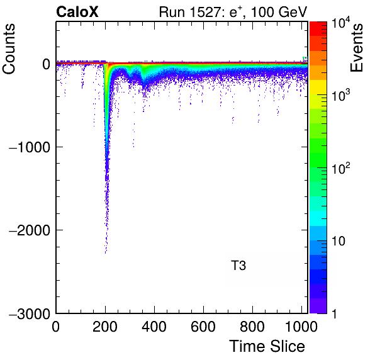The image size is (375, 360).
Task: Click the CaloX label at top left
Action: pos(77,11)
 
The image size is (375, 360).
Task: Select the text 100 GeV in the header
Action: pos(279,11)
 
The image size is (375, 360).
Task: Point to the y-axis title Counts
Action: pos(9,48)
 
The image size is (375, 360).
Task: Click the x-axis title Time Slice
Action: pos(267,346)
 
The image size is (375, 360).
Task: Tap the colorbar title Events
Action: pos(356,48)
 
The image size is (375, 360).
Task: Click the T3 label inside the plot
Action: pos(238,266)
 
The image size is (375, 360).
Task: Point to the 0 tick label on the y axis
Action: pos(46,64)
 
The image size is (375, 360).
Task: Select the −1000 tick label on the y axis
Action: pos(30,147)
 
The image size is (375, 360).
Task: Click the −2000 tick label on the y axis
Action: pos(30,230)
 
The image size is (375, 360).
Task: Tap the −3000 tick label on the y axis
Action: pos(30,313)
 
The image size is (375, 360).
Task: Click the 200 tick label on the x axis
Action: pos(105,326)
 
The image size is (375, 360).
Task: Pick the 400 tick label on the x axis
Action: pos(154,326)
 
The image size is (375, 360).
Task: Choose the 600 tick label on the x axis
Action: pos(203,326)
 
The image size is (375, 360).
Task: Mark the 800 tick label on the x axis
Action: pos(252,326)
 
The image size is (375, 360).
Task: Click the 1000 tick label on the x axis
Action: pos(301,326)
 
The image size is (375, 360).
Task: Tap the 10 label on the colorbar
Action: pos(338,241)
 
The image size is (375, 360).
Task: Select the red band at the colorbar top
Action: pos(318,29)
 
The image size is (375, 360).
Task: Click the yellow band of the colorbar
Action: pos(318,87)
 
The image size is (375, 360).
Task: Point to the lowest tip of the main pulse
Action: pos(106,253)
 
